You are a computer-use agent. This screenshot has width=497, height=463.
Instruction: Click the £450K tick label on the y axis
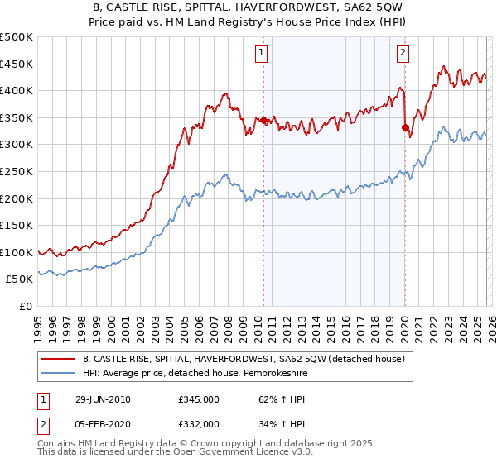point(17,64)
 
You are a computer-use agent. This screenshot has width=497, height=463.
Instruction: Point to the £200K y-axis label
point(17,198)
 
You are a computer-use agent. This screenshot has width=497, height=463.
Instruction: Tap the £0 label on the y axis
point(25,307)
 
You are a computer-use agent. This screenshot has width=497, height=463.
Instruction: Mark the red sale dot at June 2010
point(263,121)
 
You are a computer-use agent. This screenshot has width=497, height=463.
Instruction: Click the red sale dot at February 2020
point(405,127)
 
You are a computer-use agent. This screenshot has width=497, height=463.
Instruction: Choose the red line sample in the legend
point(60,359)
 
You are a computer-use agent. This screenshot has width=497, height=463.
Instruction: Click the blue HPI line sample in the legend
point(60,373)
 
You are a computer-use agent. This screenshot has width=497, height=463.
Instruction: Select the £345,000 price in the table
point(198,399)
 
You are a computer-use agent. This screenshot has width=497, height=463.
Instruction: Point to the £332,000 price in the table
point(198,423)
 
